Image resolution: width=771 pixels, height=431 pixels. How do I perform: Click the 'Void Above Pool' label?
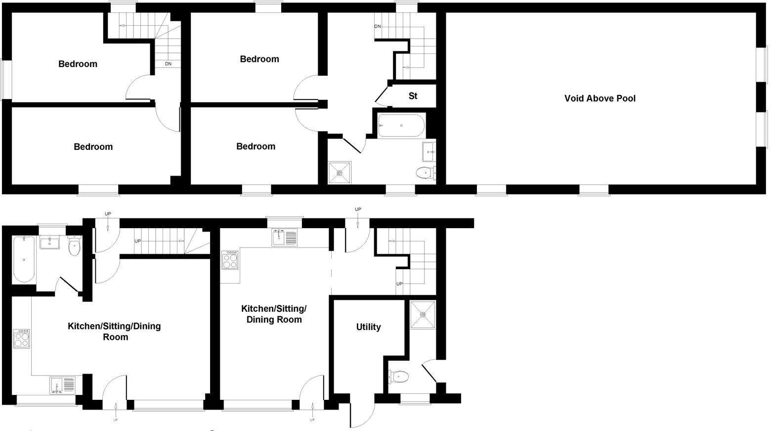pyautogui.click(x=600, y=98)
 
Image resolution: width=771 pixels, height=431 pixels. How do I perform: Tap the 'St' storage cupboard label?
pyautogui.click(x=413, y=96)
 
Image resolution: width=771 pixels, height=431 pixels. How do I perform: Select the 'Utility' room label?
pyautogui.click(x=368, y=327)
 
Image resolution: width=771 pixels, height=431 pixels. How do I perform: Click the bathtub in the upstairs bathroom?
pyautogui.click(x=401, y=126)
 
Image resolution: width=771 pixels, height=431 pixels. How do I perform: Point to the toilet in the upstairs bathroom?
pyautogui.click(x=426, y=172)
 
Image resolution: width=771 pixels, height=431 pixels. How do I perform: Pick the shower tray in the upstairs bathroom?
pyautogui.click(x=340, y=173)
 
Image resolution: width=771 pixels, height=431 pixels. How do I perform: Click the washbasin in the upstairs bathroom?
pyautogui.click(x=429, y=151)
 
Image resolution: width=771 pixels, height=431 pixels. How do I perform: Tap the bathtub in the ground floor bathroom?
pyautogui.click(x=24, y=259)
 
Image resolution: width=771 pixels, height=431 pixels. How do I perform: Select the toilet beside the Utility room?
pyautogui.click(x=398, y=377)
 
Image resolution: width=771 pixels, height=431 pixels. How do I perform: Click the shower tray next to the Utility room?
pyautogui.click(x=423, y=315)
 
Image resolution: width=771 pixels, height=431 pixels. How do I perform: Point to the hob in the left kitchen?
pyautogui.click(x=21, y=338)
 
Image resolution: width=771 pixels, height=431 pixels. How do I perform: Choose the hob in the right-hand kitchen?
pyautogui.click(x=230, y=260)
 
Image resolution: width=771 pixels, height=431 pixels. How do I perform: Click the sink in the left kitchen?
pyautogui.click(x=62, y=385)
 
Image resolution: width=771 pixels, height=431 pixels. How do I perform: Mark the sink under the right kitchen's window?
pyautogui.click(x=285, y=238)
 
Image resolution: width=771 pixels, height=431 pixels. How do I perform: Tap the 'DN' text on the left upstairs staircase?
pyautogui.click(x=168, y=64)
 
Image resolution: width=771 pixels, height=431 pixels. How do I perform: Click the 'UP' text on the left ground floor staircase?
pyautogui.click(x=138, y=241)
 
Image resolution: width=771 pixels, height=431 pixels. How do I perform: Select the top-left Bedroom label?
pyautogui.click(x=78, y=64)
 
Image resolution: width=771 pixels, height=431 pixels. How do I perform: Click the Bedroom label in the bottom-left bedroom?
pyautogui.click(x=93, y=147)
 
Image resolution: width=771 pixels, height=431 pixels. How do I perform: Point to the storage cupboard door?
pyautogui.click(x=382, y=95)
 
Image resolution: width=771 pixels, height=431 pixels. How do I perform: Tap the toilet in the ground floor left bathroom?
pyautogui.click(x=74, y=246)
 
